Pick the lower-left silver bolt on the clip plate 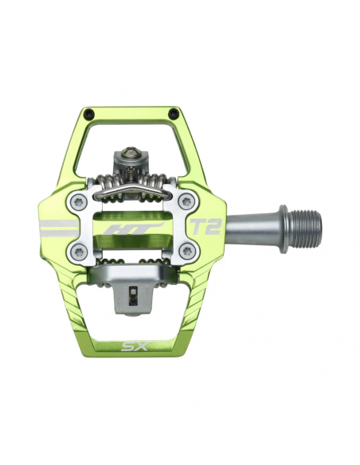(76, 252)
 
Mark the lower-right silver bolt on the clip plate (186, 252)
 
